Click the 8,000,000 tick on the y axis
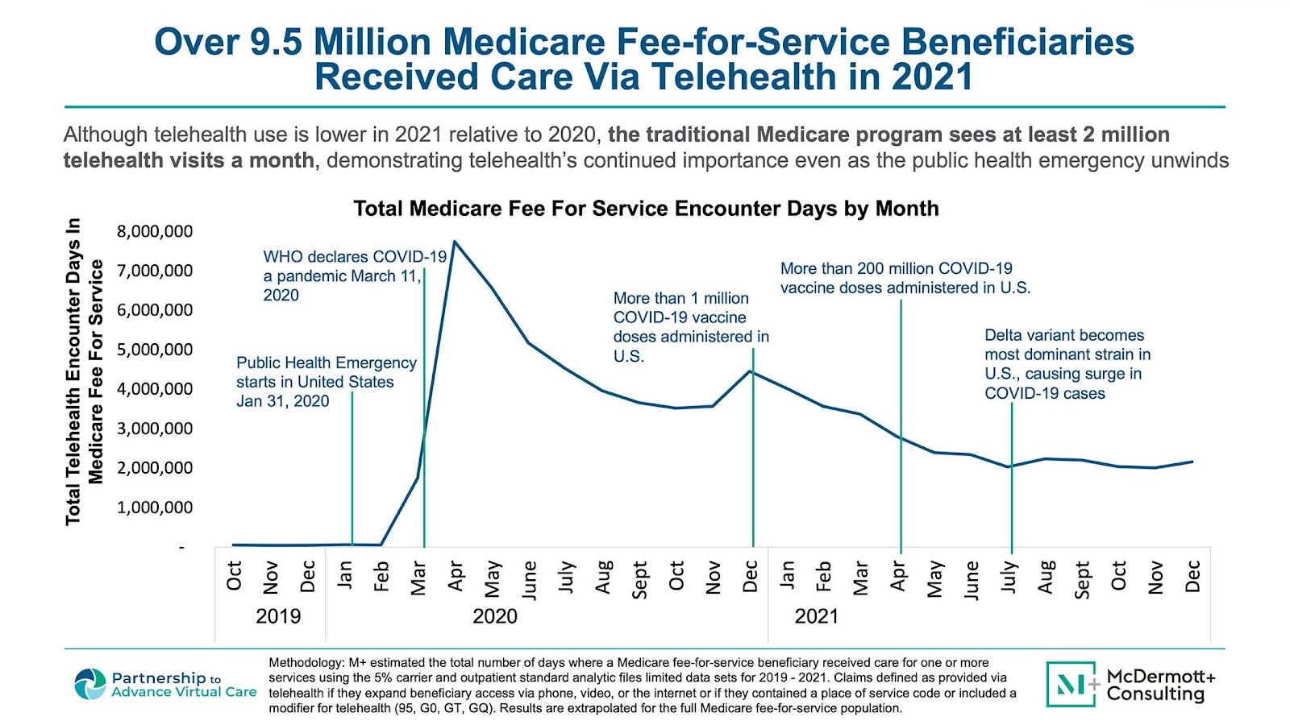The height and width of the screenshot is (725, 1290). pos(155,232)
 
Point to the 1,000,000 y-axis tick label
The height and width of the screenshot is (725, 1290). pos(155,507)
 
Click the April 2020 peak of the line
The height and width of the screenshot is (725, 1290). pos(455,242)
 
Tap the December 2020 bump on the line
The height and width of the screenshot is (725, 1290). pos(751,371)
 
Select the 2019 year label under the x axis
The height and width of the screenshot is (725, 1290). pos(277,616)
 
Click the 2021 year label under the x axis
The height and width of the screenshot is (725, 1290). pos(816,616)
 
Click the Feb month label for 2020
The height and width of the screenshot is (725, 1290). pos(381,577)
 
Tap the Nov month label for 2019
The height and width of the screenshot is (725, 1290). pos(271,577)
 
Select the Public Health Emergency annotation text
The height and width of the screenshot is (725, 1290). pos(326,382)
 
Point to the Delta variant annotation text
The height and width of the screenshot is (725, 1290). pos(1066,364)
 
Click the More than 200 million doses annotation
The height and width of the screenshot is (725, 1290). pos(905,278)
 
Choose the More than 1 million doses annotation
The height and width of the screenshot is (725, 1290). pos(690,327)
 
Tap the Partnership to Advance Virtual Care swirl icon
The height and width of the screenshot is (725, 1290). pos(90,684)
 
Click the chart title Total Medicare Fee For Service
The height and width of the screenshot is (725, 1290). pos(646,209)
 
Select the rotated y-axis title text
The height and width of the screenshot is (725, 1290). pos(85,371)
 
